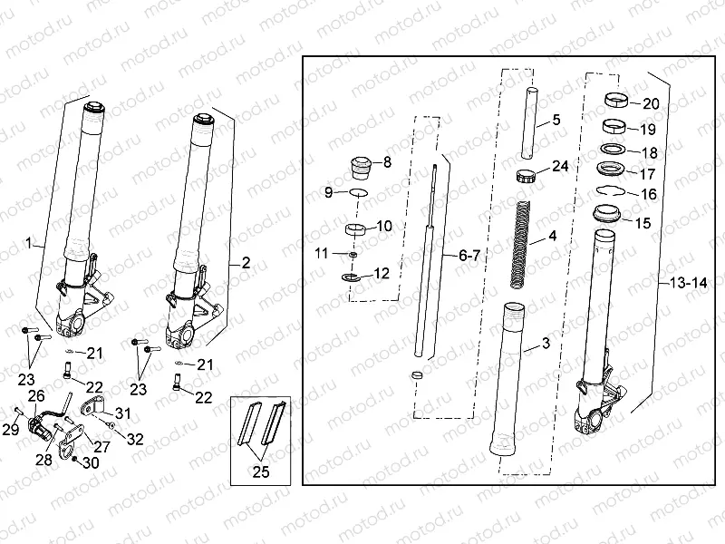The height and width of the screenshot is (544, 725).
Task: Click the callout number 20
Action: click(650, 103)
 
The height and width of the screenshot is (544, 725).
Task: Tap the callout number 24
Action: click(559, 166)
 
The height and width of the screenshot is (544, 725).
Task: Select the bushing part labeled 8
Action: click(361, 167)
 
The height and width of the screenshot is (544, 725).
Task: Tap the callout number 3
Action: click(546, 343)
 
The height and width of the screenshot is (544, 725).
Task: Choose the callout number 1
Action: click(29, 243)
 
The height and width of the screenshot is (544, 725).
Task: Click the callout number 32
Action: click(134, 439)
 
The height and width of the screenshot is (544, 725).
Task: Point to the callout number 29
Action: click(11, 428)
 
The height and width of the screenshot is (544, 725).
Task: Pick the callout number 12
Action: click(381, 272)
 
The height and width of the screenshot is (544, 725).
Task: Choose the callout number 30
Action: click(91, 462)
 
